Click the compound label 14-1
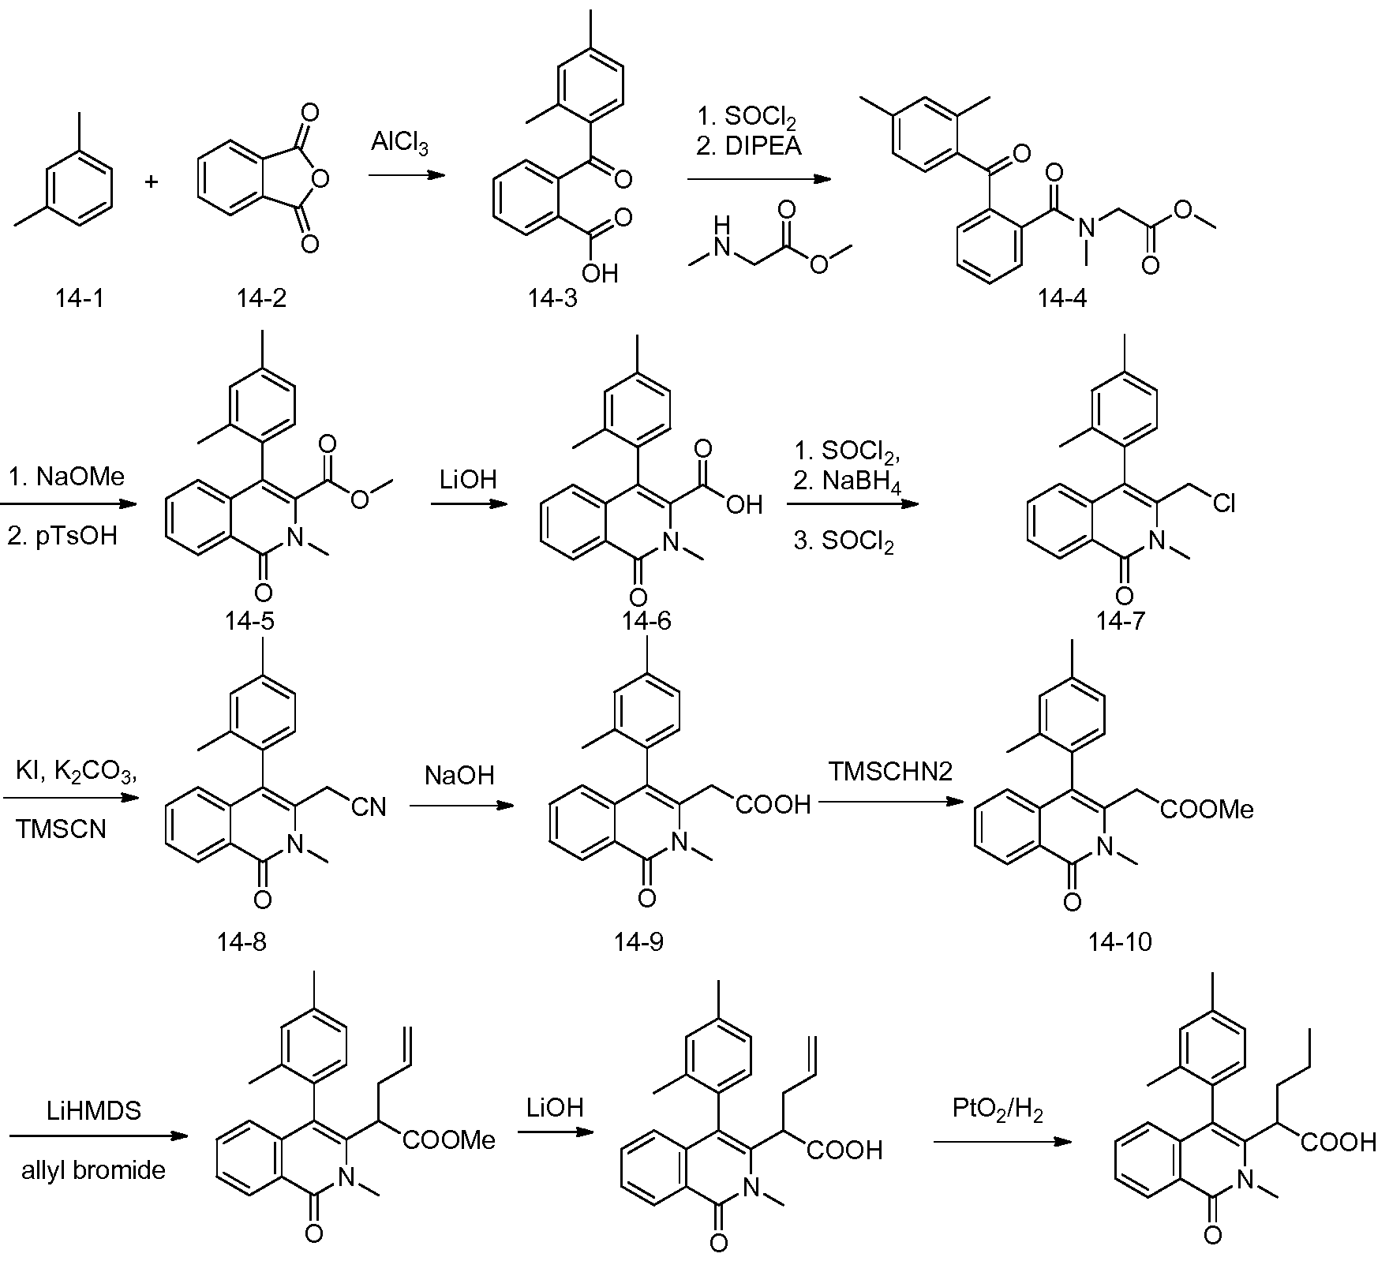(79, 297)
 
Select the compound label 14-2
(261, 297)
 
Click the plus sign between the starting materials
(152, 182)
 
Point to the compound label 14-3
(552, 297)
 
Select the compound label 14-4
(1061, 297)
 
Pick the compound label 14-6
(646, 621)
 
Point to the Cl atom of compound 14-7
(1224, 503)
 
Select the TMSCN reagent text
(61, 829)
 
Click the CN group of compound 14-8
(369, 806)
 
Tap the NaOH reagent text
(459, 775)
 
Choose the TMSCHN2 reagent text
(889, 771)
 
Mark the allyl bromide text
(93, 1169)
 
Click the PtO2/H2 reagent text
(998, 1109)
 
